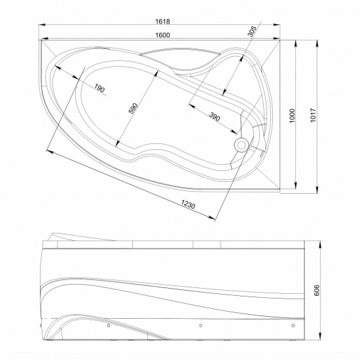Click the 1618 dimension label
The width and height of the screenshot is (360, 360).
click(162, 22)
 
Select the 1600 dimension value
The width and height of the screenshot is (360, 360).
click(162, 35)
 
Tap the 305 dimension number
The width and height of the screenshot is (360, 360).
click(251, 31)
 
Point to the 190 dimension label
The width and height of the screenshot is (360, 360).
click(99, 88)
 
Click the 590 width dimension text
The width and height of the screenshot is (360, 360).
click(133, 109)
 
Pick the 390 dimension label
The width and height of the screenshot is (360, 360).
click(215, 117)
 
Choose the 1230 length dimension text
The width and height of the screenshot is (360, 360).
click(189, 204)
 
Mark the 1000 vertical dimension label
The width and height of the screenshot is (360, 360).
click(292, 116)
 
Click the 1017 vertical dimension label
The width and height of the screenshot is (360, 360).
click(313, 115)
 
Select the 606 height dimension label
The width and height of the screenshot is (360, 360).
click(316, 290)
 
